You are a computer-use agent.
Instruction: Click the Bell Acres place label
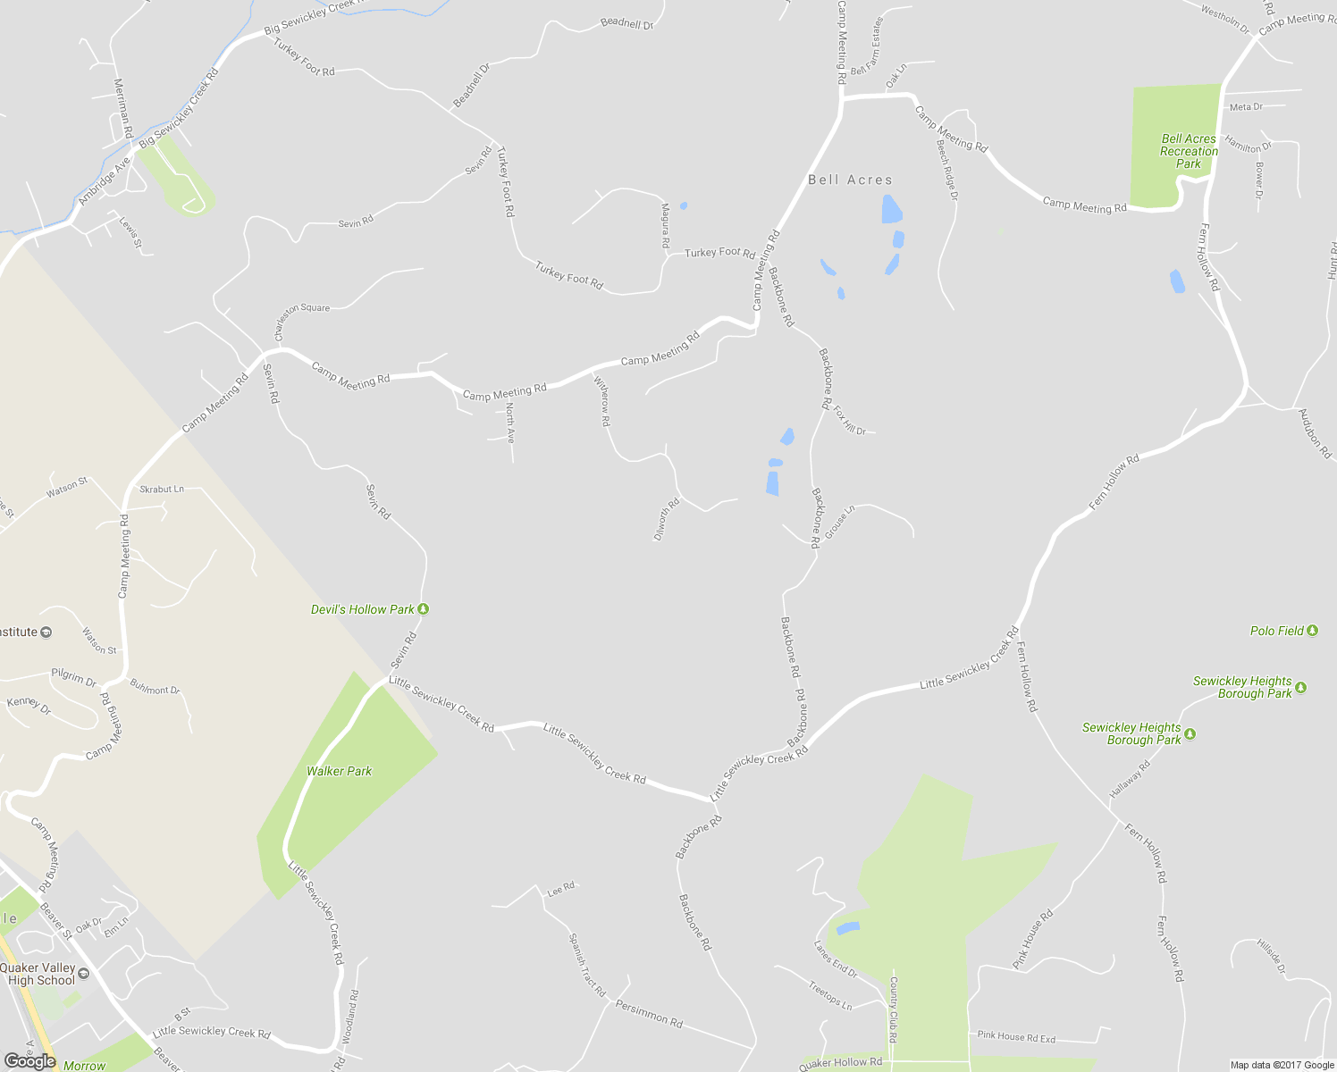coord(850,180)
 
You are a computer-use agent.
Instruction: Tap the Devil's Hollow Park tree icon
coord(424,609)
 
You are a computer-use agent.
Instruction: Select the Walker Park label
coord(339,771)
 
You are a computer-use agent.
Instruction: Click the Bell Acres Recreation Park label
coord(1189,151)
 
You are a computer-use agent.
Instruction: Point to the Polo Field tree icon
coord(1312,631)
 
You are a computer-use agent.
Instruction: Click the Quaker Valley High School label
coord(38,974)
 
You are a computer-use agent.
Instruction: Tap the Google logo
coord(29,1061)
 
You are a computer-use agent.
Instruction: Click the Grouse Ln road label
coord(839,522)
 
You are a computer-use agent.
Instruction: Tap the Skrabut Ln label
coord(162,490)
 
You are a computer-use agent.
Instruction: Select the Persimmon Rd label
coord(649,1012)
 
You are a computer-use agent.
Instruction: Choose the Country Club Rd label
coord(893,1009)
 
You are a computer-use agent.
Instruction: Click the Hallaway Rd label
coord(1131,779)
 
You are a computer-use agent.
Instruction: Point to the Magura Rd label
coord(666,225)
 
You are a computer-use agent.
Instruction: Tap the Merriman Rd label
coord(122,107)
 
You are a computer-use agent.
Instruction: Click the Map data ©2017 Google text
coord(1282,1065)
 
